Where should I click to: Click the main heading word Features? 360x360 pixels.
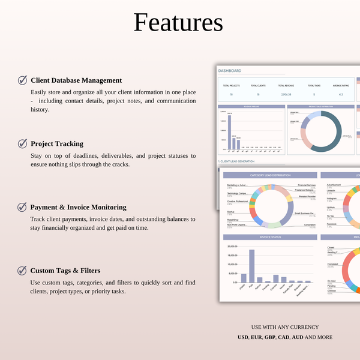(x=178, y=23)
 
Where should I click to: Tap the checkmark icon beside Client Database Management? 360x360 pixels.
(x=22, y=80)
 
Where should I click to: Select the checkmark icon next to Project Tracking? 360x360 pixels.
(x=22, y=143)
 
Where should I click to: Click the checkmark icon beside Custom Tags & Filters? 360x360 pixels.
(x=22, y=271)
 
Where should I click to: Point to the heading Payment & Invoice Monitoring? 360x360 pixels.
(x=79, y=207)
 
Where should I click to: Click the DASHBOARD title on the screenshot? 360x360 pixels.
(x=230, y=71)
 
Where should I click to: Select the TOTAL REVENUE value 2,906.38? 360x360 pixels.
(x=286, y=95)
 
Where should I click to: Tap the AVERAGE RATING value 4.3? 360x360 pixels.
(x=341, y=95)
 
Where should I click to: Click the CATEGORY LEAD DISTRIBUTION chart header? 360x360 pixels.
(x=270, y=175)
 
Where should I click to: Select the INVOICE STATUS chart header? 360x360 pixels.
(x=269, y=238)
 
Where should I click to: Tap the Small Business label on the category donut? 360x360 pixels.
(x=304, y=213)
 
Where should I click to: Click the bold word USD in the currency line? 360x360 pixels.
(x=243, y=337)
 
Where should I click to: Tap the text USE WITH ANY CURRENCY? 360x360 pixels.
(x=285, y=327)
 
